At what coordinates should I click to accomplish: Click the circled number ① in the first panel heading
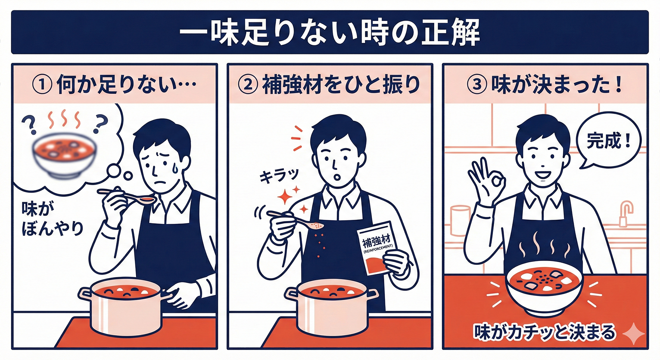coord(42,85)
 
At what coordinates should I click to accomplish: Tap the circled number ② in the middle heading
coord(248,85)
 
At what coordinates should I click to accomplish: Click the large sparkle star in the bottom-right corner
coord(633,334)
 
